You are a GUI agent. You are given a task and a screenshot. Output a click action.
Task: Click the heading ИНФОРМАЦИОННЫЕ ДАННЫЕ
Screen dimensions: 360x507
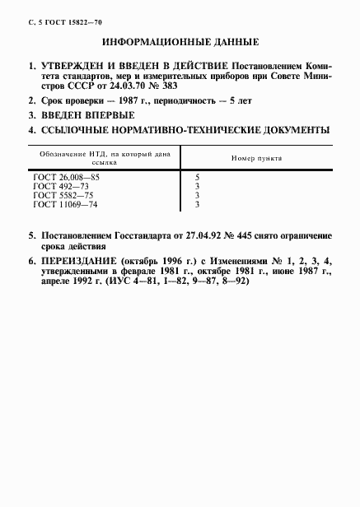click(180, 41)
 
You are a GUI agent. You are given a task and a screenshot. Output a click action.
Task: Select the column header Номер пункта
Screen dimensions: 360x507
click(256, 156)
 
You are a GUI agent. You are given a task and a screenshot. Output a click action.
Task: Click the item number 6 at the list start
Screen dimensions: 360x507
click(31, 261)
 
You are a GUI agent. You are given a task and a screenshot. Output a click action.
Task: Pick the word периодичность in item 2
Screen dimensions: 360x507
click(172, 100)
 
